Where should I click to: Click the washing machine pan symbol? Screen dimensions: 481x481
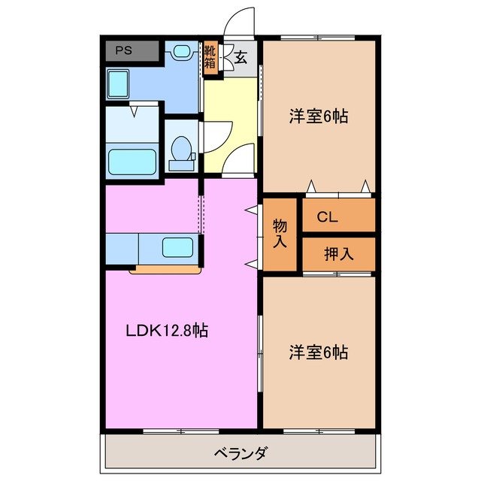pos(119,80)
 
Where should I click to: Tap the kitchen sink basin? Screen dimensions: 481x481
pos(177,247)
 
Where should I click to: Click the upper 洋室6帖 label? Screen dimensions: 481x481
pos(319,116)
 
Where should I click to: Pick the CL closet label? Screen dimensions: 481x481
pos(327,218)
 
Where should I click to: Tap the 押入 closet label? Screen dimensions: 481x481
pos(337,254)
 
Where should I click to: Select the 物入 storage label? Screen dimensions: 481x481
pos(280,233)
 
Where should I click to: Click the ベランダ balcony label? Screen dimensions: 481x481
pos(240,453)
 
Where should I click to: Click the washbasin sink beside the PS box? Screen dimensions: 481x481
pos(181,52)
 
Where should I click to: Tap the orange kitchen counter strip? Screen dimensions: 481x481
pos(165,268)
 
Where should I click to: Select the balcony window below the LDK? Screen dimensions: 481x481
pos(176,431)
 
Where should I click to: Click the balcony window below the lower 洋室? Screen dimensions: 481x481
pos(318,431)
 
